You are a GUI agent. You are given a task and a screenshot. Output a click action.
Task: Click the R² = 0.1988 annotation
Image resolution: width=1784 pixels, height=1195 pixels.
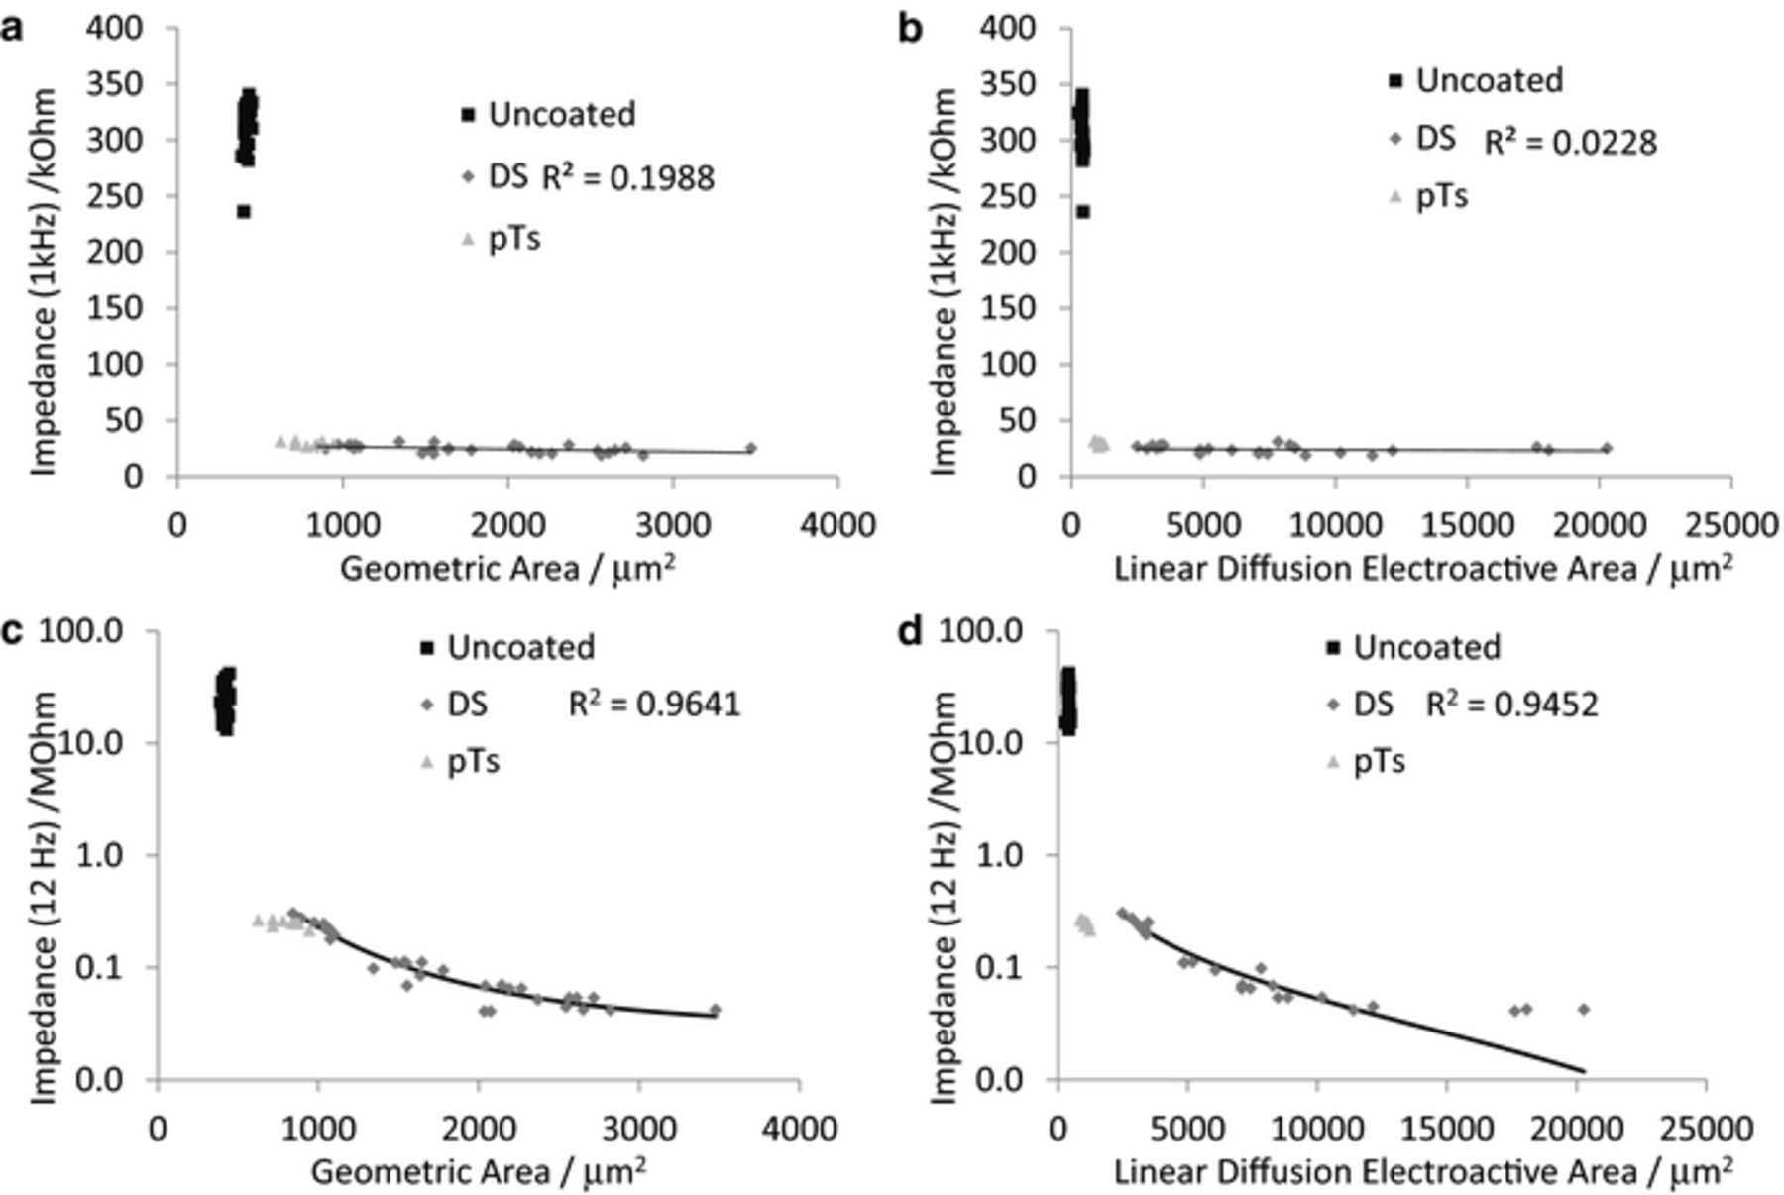coord(627,177)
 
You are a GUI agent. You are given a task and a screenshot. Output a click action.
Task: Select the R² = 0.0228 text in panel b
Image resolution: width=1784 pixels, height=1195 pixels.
coord(1570,143)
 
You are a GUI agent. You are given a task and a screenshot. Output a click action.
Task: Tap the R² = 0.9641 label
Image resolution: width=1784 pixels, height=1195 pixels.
coord(654,704)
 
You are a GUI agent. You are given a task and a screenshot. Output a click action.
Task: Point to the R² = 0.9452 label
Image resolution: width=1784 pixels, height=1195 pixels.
coord(1511,704)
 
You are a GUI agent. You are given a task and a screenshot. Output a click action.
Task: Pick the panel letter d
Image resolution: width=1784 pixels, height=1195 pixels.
coord(910,631)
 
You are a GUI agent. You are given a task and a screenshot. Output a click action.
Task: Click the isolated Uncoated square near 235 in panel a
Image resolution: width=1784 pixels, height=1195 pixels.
coord(244,211)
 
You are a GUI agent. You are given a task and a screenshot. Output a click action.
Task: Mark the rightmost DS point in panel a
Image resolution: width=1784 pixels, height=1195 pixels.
coord(750,448)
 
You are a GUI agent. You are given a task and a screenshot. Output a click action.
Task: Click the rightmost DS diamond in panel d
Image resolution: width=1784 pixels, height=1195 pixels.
coord(1583,1009)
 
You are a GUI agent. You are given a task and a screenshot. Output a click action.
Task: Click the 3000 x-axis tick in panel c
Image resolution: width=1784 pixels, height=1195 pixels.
coord(639,1128)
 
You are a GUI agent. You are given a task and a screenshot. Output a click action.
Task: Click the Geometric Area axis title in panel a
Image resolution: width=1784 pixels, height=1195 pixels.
coord(507,569)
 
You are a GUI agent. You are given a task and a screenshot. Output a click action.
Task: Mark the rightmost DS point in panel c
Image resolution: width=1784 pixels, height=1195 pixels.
coord(715,1010)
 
